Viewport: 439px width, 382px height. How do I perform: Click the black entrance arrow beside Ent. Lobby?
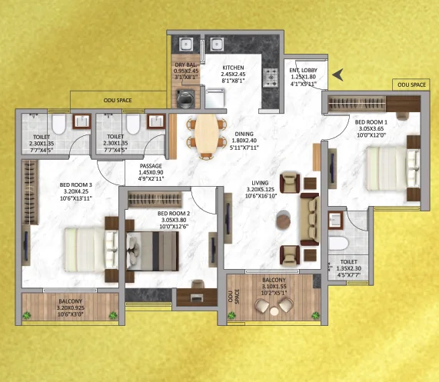coord(338,75)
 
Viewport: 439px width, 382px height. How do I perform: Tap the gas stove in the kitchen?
coord(271,77)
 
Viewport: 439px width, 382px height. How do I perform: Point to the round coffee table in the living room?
coord(284,219)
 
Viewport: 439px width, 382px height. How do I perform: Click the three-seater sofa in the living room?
coord(310,219)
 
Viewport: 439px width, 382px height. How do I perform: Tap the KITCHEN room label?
coord(233,68)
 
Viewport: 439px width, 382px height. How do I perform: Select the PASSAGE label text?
coord(151,166)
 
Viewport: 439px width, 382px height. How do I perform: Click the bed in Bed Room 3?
coord(91,250)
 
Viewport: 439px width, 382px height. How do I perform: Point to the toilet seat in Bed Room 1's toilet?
coord(338,244)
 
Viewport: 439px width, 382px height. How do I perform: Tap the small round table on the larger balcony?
coord(274,311)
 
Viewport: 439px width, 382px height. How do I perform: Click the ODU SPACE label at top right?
coord(411,85)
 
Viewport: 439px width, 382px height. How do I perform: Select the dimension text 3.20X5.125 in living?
coord(260,189)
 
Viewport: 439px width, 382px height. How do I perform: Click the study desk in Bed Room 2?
coord(197,297)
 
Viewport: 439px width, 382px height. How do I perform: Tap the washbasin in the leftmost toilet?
coord(81,121)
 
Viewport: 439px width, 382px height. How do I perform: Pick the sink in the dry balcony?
coord(185,45)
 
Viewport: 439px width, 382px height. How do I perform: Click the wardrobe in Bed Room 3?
coord(30,192)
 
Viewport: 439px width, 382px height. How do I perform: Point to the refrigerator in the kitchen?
coord(215,98)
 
